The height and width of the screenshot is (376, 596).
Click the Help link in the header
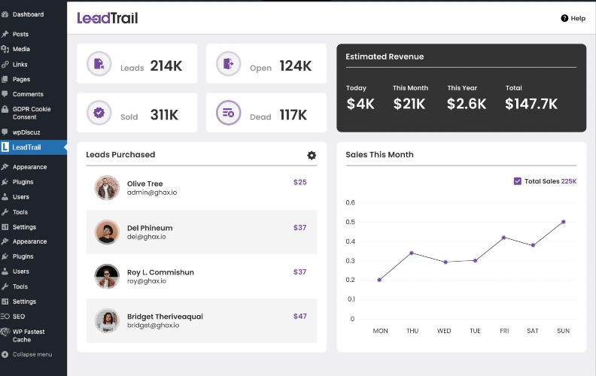point(573,18)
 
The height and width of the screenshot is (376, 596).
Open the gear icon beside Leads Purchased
point(312,155)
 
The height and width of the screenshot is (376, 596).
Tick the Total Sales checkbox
point(517,181)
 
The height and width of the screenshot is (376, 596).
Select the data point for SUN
point(564,222)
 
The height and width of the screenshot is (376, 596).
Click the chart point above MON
point(379,280)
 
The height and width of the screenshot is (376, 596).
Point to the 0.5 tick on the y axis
point(351,222)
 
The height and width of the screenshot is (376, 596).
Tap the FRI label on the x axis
point(504,331)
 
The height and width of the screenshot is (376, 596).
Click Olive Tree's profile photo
point(107,187)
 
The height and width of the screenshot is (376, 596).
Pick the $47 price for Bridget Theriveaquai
point(300,316)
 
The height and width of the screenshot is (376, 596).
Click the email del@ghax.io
point(146,237)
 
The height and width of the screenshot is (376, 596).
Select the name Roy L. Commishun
point(160,272)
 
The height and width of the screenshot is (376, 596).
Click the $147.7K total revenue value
point(531,104)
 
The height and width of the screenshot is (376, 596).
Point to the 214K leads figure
point(166,65)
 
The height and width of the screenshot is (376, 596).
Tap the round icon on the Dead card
point(229,113)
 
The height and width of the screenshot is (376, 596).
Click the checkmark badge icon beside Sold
point(99,113)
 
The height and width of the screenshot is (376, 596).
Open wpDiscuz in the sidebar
point(26,132)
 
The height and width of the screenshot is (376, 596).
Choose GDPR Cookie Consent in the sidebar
point(31,113)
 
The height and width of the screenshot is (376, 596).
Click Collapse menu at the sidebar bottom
point(32,354)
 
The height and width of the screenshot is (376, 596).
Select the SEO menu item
point(19,317)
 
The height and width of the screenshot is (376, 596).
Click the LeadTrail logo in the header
point(108,18)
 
